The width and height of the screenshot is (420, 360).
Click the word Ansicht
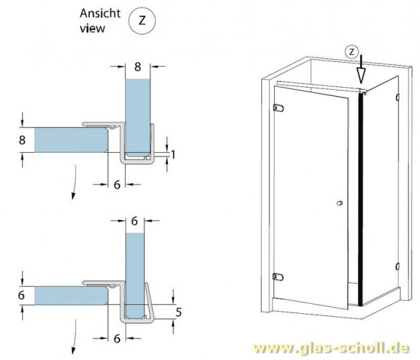click(x=97, y=13)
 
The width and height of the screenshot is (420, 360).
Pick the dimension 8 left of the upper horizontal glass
click(x=23, y=140)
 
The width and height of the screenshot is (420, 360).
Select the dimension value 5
click(x=179, y=311)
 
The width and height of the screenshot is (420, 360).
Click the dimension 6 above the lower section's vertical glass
click(x=133, y=222)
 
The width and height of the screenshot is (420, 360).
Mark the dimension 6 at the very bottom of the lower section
click(x=117, y=339)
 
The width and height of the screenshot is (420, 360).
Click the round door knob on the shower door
click(x=340, y=204)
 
